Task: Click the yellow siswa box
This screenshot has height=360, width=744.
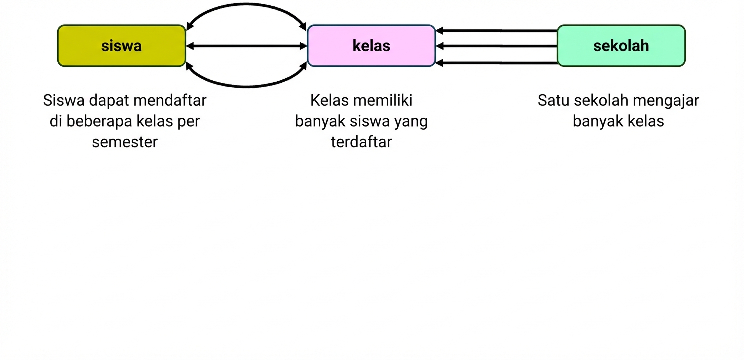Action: [121, 46]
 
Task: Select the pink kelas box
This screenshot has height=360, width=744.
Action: [371, 46]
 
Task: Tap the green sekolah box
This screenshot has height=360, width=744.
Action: [621, 46]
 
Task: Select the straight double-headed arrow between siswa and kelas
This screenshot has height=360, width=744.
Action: [246, 46]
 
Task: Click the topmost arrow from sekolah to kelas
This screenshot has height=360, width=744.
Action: [496, 31]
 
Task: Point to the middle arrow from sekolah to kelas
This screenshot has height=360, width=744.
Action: [496, 46]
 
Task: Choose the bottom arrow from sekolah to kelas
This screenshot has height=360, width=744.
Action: [496, 63]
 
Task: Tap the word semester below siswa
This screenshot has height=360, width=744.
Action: [125, 142]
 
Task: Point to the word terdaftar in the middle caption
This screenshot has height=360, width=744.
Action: [361, 142]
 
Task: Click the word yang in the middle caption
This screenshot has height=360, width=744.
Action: [412, 121]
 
